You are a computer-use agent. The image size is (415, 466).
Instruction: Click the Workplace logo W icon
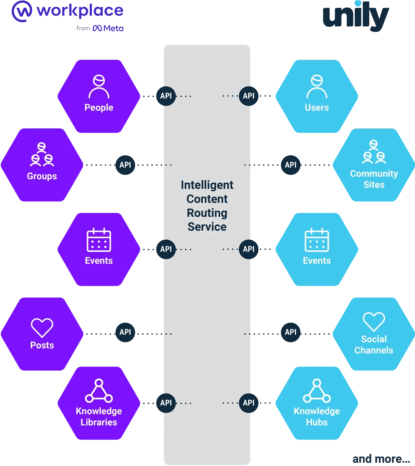(22, 11)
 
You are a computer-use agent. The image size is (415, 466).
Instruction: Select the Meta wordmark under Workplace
(108, 28)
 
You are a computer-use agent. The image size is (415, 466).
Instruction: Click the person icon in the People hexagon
(99, 87)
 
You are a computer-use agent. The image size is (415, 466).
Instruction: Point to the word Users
(317, 108)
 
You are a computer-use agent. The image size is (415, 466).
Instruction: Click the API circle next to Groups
(125, 165)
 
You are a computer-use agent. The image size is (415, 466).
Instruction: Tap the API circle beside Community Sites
(290, 165)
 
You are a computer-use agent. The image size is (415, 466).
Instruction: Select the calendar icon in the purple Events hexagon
(99, 240)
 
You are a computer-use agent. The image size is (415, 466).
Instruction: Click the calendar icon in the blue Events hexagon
(317, 240)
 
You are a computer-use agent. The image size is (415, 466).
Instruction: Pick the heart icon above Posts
(42, 328)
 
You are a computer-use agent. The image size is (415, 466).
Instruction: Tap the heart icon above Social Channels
(373, 321)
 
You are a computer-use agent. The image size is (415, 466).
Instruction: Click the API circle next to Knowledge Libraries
(166, 403)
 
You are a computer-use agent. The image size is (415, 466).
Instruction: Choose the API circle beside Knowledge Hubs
(248, 403)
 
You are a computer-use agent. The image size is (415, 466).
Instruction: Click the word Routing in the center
(207, 213)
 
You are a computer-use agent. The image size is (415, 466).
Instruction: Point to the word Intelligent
(207, 185)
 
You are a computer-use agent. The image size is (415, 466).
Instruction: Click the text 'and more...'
(381, 459)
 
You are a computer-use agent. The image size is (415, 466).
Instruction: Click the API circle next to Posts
(125, 332)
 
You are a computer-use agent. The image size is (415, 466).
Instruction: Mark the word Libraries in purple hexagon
(99, 422)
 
